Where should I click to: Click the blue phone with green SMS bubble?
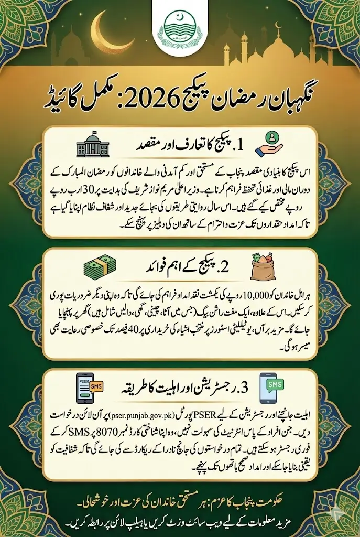pos(271,388)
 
